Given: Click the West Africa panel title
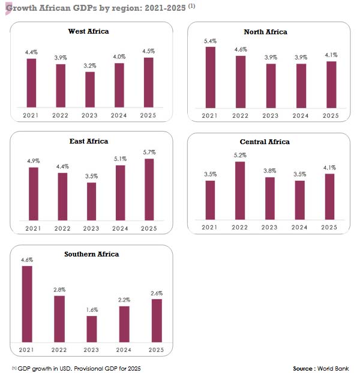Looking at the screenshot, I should [89, 31].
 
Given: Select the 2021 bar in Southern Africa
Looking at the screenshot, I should [27, 304].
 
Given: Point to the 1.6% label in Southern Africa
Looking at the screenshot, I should [91, 310].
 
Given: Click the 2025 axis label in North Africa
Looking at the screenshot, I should [330, 115].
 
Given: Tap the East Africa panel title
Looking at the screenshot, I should [89, 141].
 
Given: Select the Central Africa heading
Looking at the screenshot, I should [265, 142].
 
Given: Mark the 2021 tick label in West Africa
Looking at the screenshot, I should [31, 115].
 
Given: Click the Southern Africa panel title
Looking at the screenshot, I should [91, 254].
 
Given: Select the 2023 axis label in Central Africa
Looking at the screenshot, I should [270, 227].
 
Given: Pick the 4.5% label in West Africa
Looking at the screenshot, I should [149, 51].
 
